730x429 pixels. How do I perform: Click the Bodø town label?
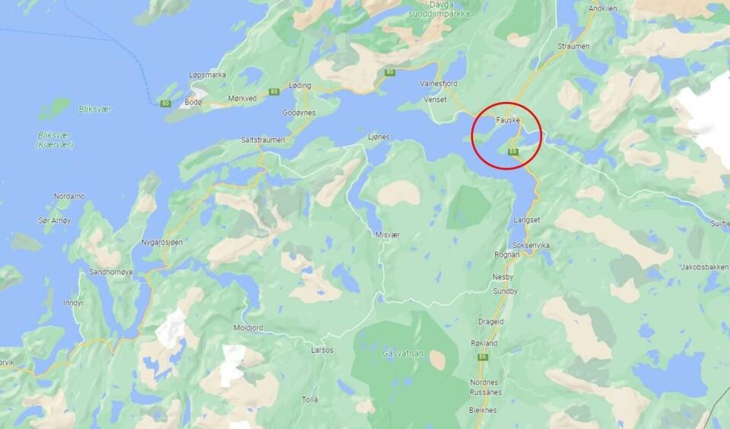pyautogui.click(x=194, y=102)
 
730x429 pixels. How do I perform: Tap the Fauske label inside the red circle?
pyautogui.click(x=507, y=119)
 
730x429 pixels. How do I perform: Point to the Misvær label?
pyautogui.click(x=387, y=235)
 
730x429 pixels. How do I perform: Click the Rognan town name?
pyautogui.click(x=506, y=255)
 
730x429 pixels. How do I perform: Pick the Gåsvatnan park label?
pyautogui.click(x=403, y=354)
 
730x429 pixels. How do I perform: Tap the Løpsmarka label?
pyautogui.click(x=208, y=75)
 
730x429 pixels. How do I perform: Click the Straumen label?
pyautogui.click(x=573, y=46)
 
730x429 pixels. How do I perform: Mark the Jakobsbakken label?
pyautogui.click(x=704, y=267)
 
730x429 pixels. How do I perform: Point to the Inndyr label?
pyautogui.click(x=74, y=303)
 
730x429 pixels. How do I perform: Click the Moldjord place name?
pyautogui.click(x=249, y=328)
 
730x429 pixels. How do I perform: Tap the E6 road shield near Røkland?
pyautogui.click(x=482, y=357)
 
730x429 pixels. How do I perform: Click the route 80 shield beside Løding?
pyautogui.click(x=274, y=92)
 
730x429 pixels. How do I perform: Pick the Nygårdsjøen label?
pyautogui.click(x=162, y=243)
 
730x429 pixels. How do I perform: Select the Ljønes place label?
pyautogui.click(x=379, y=137)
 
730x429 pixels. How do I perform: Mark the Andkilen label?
pyautogui.click(x=603, y=9)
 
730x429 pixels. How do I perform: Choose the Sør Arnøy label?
pyautogui.click(x=54, y=221)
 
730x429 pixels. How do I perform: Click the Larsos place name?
pyautogui.click(x=322, y=351)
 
